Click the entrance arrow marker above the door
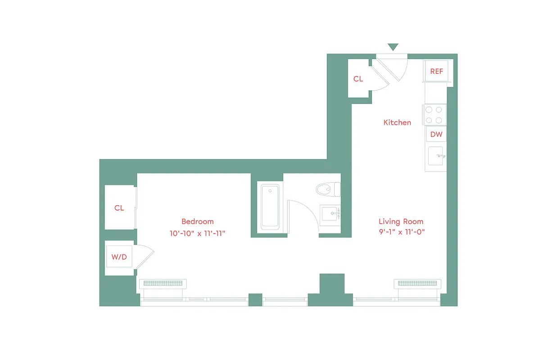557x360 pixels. tap(393, 47)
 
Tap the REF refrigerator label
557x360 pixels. tap(436, 71)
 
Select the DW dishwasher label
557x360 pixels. tap(436, 134)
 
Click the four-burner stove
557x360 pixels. tap(434, 114)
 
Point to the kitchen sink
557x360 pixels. tap(436, 156)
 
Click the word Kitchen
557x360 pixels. tap(397, 122)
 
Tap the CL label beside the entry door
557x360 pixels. tap(358, 79)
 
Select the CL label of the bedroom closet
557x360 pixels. tap(119, 208)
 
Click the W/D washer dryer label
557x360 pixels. tap(119, 257)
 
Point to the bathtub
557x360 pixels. tap(270, 207)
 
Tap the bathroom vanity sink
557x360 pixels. tap(330, 213)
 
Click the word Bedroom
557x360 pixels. tap(197, 221)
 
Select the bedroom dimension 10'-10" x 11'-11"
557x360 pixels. tap(197, 233)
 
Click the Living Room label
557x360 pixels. tap(401, 221)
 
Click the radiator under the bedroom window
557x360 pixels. tap(163, 283)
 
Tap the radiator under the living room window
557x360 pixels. tap(417, 283)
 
